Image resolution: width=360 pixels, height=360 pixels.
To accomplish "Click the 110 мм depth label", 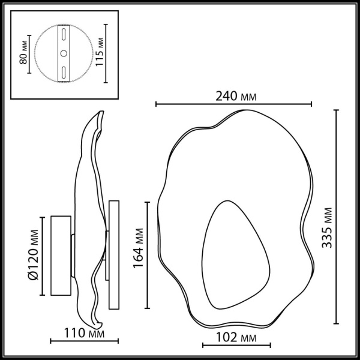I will coord(83,333).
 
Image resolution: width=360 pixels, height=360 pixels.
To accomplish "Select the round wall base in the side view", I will coord(61,256).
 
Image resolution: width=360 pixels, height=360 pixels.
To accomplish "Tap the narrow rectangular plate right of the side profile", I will coord(113,240).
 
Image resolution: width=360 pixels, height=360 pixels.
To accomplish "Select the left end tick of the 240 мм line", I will coord(156,104).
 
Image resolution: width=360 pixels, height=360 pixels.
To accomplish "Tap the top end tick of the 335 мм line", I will coord(336,110).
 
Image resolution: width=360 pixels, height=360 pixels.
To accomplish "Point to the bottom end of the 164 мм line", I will coord(147,307).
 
